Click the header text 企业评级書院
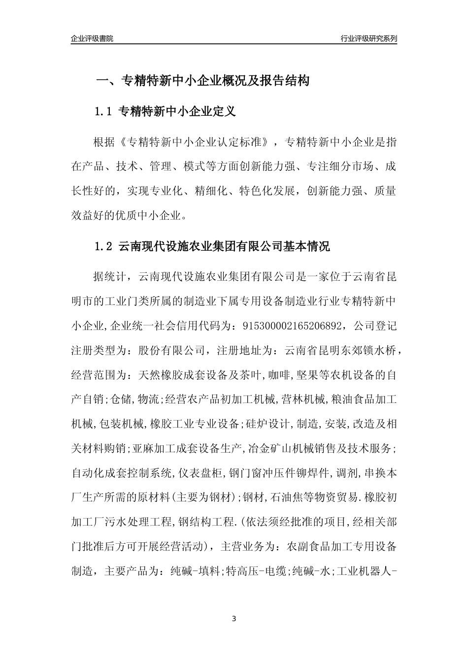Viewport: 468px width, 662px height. (92, 38)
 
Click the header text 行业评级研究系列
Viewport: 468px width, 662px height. (368, 38)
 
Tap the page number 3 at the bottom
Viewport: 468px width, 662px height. (234, 619)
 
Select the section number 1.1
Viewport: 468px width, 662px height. (104, 112)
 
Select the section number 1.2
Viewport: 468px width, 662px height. (104, 246)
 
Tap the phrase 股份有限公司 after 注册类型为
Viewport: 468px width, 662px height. (171, 351)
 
